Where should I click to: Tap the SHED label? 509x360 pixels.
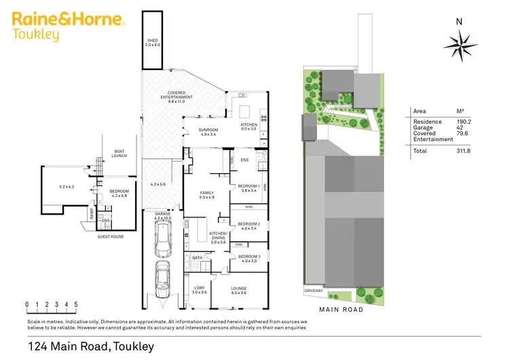tap(153, 42)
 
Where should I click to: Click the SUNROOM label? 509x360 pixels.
tap(208, 132)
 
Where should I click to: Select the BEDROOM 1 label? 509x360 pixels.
tap(249, 187)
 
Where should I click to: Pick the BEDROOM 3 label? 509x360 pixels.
tap(249, 258)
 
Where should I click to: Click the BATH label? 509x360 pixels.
tap(197, 257)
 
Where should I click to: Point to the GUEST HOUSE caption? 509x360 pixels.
tap(110, 236)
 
